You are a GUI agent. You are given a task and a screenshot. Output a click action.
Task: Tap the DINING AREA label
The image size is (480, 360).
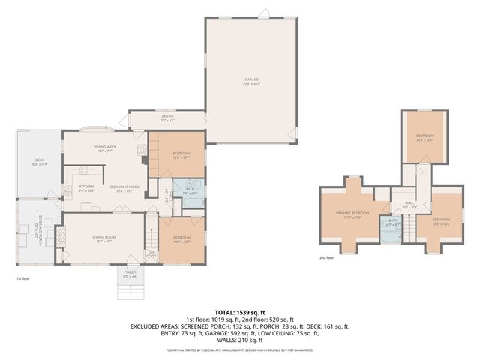point(103,147)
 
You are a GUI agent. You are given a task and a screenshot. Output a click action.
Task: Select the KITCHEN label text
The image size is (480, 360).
point(86,187)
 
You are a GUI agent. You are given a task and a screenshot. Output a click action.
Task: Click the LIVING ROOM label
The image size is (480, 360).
point(103,238)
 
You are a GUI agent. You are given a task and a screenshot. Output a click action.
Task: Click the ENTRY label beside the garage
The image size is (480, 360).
point(166,116)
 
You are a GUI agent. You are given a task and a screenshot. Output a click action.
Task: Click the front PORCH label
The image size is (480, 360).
point(130,272)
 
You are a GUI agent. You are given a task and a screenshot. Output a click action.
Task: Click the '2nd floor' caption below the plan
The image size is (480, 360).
point(327,257)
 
